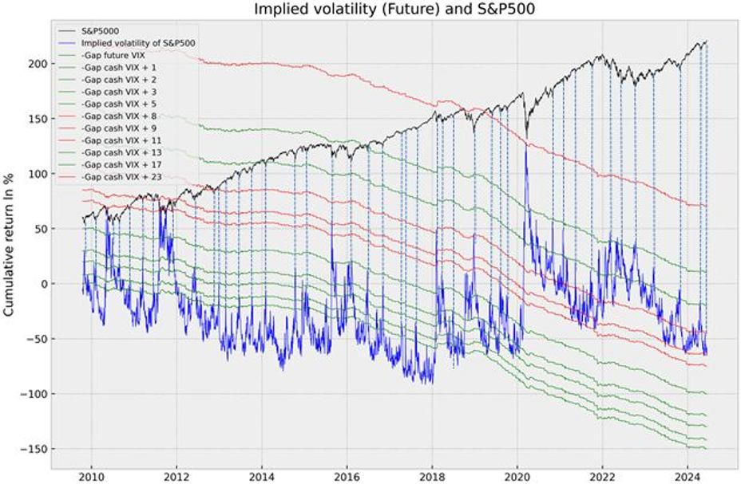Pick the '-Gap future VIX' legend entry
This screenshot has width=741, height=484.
point(113,56)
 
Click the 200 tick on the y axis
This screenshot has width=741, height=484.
point(37,63)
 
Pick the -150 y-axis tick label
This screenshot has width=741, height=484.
point(34,449)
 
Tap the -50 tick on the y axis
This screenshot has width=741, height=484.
point(37,339)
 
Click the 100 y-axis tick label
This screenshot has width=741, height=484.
point(37,173)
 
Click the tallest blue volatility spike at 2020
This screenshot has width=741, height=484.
point(526,148)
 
